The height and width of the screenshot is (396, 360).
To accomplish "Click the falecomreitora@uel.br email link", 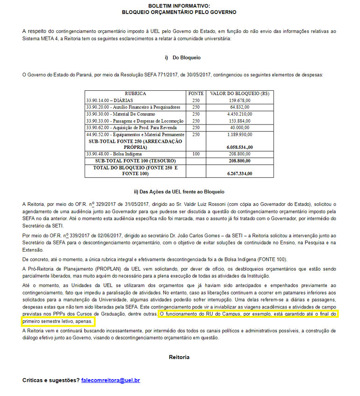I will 110,380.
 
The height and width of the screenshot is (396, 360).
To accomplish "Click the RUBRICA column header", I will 135,94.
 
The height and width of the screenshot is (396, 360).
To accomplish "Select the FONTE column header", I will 195,94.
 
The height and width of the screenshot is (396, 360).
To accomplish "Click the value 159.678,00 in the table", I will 240,100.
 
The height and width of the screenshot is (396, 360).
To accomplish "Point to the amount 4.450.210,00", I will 239,114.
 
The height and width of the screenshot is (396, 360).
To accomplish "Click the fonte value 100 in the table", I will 195,154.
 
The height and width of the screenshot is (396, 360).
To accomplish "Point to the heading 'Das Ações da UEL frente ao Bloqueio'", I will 179,191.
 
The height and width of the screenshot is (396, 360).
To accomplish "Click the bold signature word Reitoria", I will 179,357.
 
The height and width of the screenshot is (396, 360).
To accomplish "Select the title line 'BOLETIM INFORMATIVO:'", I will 179,5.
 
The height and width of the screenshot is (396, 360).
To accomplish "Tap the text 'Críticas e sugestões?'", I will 50,380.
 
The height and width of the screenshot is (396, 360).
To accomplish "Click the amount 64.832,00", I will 240,107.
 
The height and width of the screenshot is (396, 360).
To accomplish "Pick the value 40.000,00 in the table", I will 240,127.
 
